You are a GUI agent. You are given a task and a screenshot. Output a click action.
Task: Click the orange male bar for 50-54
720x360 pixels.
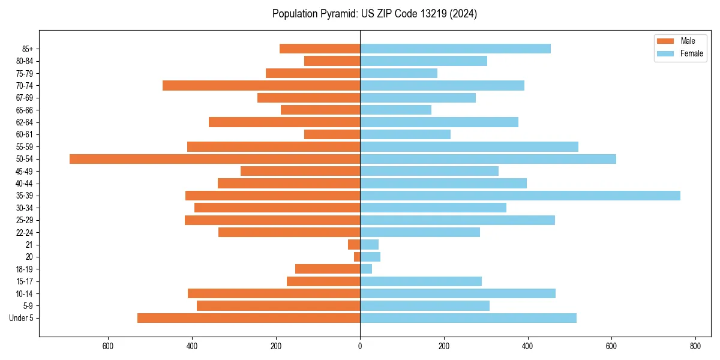pos(215,159)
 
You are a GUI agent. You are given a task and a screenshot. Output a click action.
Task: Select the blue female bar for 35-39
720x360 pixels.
pos(520,196)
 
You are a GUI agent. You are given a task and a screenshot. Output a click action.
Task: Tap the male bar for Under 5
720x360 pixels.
pos(248,318)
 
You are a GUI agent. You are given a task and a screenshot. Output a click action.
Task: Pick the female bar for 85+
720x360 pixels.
pos(455,49)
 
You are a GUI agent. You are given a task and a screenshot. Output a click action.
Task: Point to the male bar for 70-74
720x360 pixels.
pos(261,86)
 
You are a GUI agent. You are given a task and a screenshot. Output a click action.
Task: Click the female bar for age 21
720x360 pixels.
pos(369,245)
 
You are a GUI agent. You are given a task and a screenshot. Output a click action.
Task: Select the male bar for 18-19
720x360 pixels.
pos(328,269)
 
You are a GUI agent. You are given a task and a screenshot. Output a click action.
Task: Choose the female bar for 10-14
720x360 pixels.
pos(457,293)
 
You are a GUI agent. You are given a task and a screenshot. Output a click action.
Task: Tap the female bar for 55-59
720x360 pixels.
pos(469,147)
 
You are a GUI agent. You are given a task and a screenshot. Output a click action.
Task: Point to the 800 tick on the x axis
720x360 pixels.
pos(695,346)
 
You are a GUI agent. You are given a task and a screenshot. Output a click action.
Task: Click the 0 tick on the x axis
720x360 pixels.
pos(360,346)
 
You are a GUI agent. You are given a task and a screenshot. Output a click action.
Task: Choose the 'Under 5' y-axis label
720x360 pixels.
pos(21,318)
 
